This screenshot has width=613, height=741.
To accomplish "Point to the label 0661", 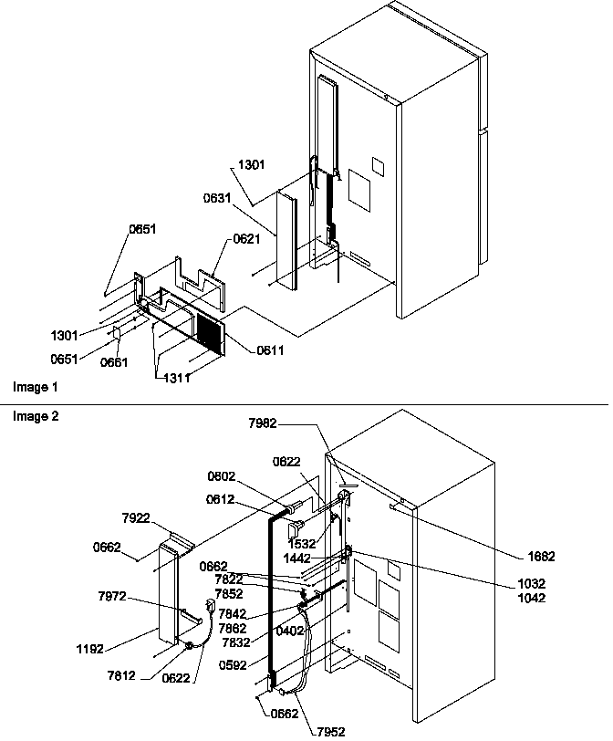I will pyautogui.click(x=115, y=362).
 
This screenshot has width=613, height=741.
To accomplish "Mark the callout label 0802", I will pyautogui.click(x=221, y=475).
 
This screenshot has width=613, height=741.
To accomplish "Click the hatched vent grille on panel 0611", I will pyautogui.click(x=210, y=332).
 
